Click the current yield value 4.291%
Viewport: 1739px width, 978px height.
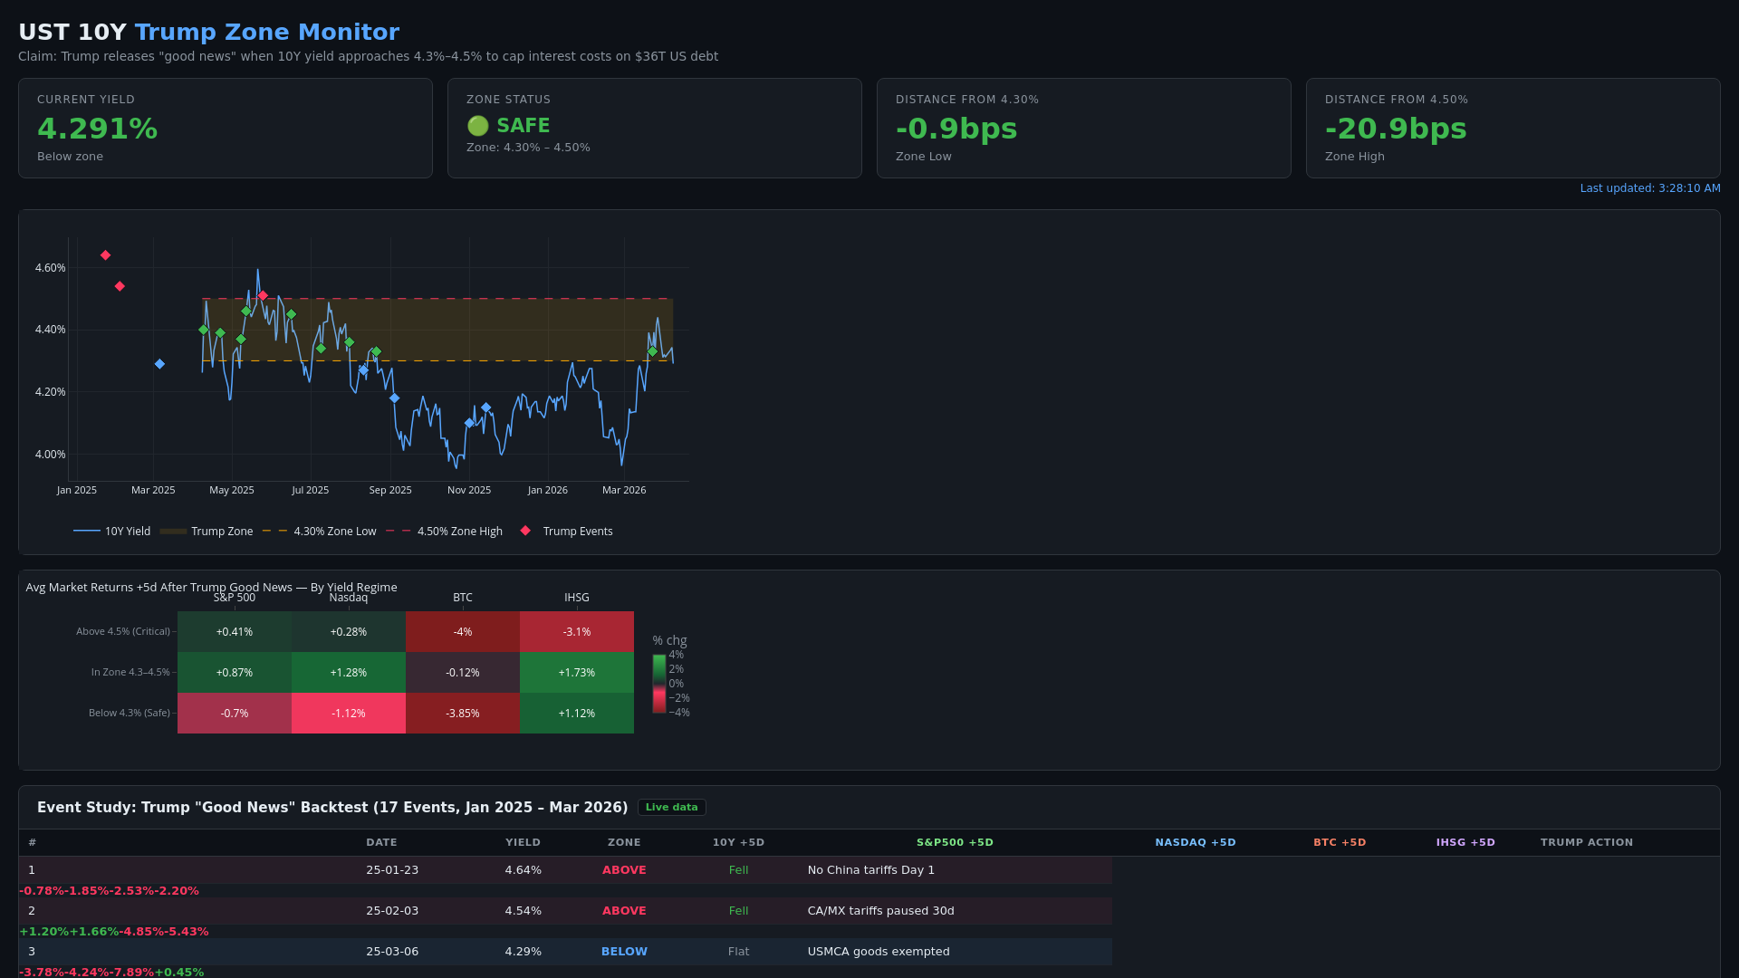click(x=97, y=129)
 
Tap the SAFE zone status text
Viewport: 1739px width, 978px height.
click(x=523, y=126)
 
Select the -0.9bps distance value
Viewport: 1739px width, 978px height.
click(x=956, y=129)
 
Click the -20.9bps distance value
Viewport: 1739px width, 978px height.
click(x=1395, y=129)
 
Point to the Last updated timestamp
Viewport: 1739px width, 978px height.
click(x=1649, y=188)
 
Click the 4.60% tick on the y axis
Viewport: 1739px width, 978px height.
click(x=50, y=268)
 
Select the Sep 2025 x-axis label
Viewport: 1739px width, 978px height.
click(x=389, y=490)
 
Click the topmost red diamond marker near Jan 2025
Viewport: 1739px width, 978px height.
click(x=105, y=255)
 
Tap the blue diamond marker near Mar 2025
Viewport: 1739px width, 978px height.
click(x=159, y=364)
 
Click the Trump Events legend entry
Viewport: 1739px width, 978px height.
click(x=577, y=532)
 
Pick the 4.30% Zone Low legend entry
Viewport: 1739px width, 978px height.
click(x=333, y=532)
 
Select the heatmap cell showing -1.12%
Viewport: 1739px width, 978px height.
click(x=348, y=714)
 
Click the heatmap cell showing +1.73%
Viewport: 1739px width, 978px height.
click(x=576, y=673)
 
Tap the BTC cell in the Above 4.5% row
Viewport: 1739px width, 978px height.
click(x=462, y=632)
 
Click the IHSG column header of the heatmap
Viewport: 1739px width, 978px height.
click(x=576, y=598)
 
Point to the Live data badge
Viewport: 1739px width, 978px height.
click(x=671, y=808)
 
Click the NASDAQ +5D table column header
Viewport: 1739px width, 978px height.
click(x=1195, y=842)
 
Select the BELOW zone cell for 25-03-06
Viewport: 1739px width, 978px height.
click(x=624, y=952)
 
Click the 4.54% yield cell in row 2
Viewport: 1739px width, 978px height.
click(x=523, y=911)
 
